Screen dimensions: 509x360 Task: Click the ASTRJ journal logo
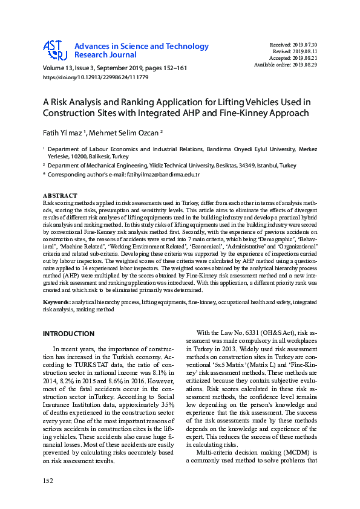click(54, 51)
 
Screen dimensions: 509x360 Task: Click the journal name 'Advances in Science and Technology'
click(142, 47)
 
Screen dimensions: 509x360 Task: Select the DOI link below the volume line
click(95, 78)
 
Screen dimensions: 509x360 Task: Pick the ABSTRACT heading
click(60, 195)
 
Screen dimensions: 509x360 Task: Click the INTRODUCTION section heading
click(68, 334)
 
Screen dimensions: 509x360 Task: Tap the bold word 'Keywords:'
click(56, 301)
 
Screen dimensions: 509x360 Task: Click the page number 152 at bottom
click(48, 480)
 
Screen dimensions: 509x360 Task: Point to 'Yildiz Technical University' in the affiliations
click(187, 165)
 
